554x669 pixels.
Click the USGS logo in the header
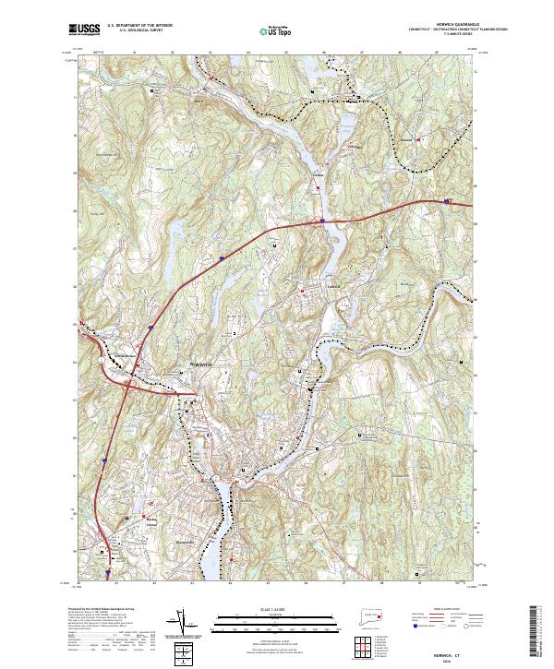[x=83, y=30]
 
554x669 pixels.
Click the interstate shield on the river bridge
[x=322, y=221]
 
